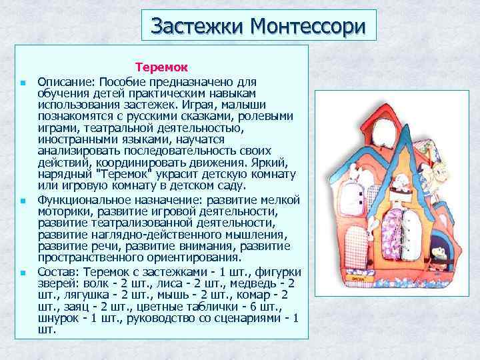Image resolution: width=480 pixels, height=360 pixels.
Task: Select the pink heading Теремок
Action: pos(161,67)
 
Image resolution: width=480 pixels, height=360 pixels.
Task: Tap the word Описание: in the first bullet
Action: pos(64,81)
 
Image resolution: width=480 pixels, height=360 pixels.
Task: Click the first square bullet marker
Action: pos(22,82)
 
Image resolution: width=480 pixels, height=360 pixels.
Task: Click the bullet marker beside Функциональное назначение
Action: pos(22,200)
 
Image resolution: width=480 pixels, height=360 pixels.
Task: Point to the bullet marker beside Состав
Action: pos(22,273)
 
